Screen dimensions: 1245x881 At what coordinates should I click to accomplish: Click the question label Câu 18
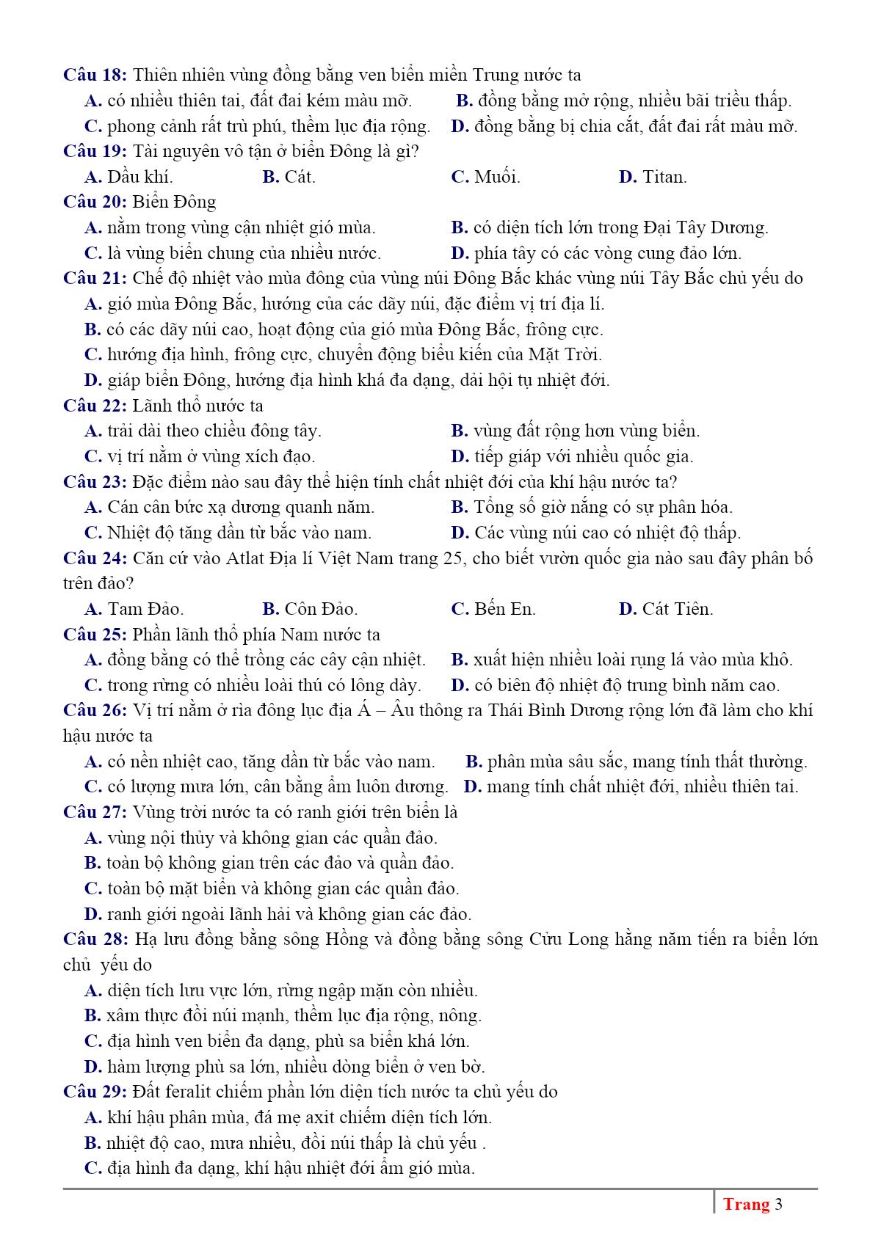[x=95, y=75]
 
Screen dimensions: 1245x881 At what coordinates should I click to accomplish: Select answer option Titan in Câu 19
[x=664, y=177]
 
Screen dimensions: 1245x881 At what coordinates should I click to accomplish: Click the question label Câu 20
[x=95, y=202]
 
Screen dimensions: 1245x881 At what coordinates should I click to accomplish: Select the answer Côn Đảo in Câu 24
[x=321, y=609]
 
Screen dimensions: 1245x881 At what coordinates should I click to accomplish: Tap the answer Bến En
[x=504, y=609]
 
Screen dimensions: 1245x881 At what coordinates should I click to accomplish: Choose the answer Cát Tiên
[x=677, y=609]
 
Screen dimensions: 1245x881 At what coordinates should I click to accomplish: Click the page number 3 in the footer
[x=778, y=1205]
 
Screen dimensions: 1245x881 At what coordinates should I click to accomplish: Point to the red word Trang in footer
[x=746, y=1205]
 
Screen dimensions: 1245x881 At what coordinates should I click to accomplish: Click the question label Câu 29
[x=95, y=1092]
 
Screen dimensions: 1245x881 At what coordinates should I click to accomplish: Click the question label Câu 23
[x=95, y=482]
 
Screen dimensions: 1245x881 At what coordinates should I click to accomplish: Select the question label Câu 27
[x=95, y=812]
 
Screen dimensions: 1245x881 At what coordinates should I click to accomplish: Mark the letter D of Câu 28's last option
[x=93, y=1067]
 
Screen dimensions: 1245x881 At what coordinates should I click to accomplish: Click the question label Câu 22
[x=95, y=406]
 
